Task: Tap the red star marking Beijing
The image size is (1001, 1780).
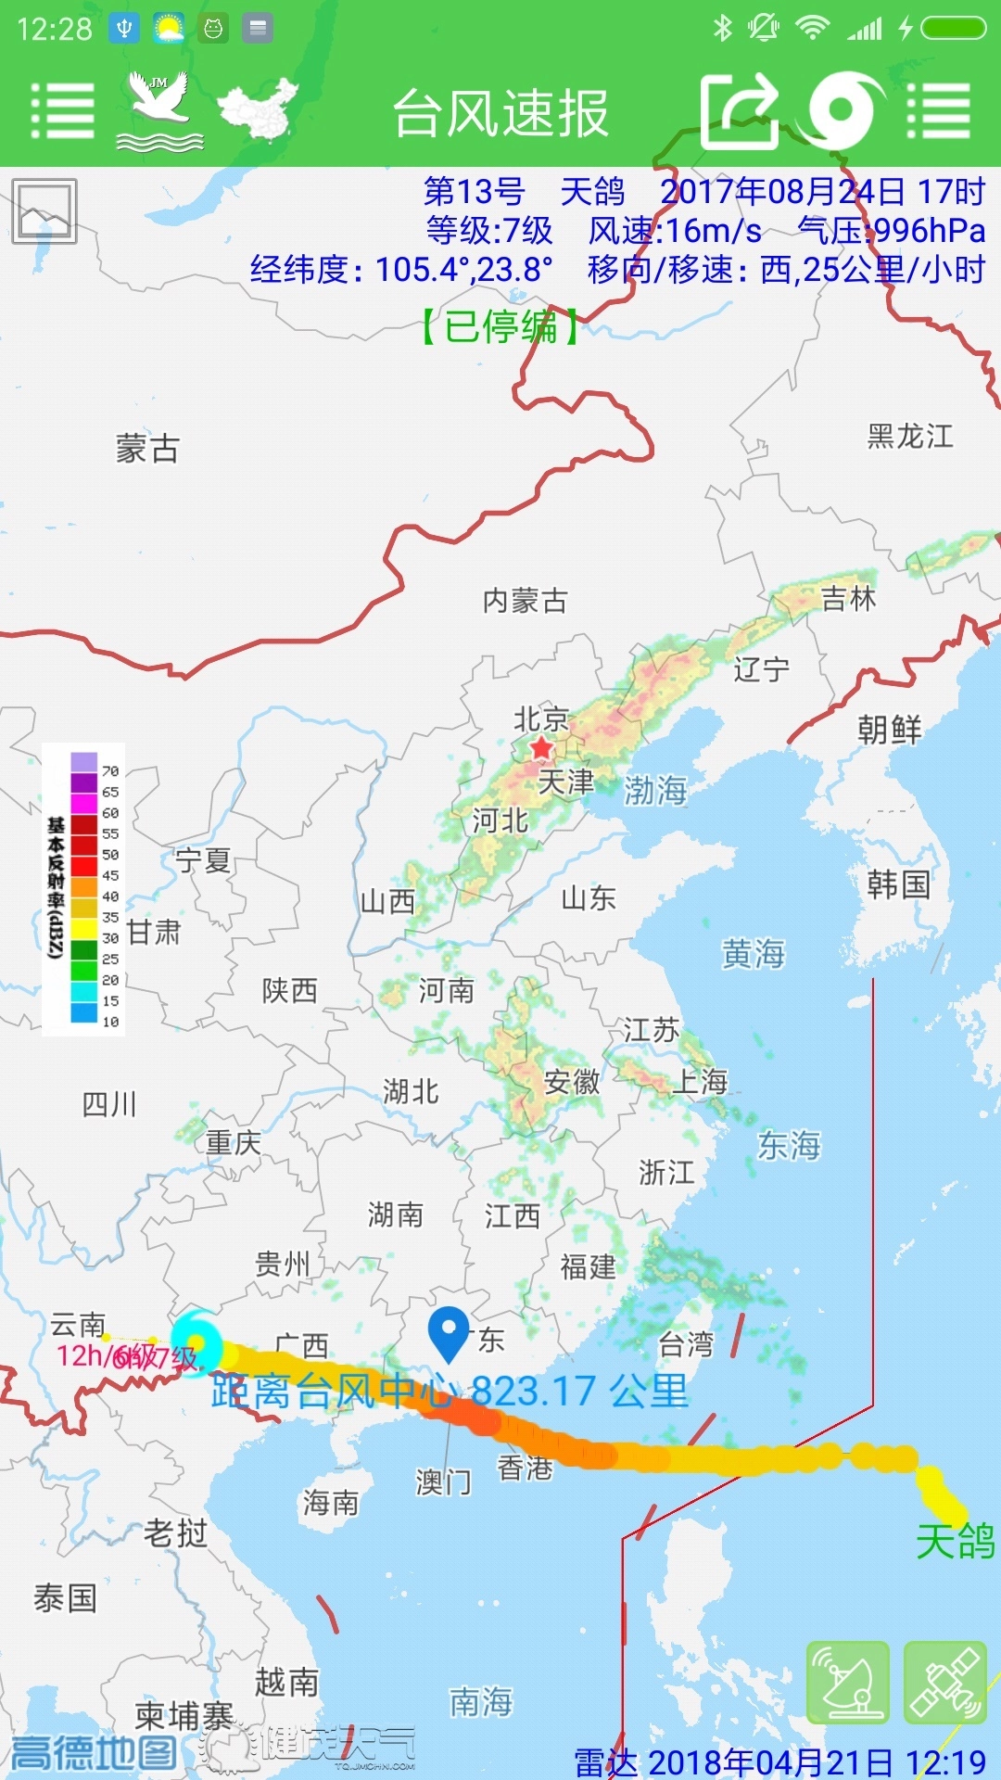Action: (x=541, y=747)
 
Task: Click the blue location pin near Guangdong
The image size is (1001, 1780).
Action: (x=449, y=1331)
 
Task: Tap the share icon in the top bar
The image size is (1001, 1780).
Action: (x=739, y=111)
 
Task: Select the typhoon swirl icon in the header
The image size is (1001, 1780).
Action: (x=843, y=111)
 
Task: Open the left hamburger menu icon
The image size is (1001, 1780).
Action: (x=62, y=111)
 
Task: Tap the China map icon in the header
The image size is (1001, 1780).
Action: (x=259, y=108)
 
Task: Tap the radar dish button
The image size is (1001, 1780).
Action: (x=848, y=1682)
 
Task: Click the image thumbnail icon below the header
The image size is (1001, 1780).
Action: (x=44, y=211)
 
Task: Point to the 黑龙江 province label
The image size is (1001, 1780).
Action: (x=909, y=436)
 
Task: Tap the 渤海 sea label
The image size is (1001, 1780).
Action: (x=655, y=790)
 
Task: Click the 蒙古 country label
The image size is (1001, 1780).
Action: (x=147, y=449)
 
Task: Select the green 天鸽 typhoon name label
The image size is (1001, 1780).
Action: (x=955, y=1542)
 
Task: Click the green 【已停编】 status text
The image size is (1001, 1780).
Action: (x=500, y=326)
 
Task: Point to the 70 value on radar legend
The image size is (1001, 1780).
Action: (x=110, y=770)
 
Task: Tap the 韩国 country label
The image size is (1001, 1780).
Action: (x=898, y=884)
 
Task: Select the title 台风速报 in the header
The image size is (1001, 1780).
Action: (x=500, y=113)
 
